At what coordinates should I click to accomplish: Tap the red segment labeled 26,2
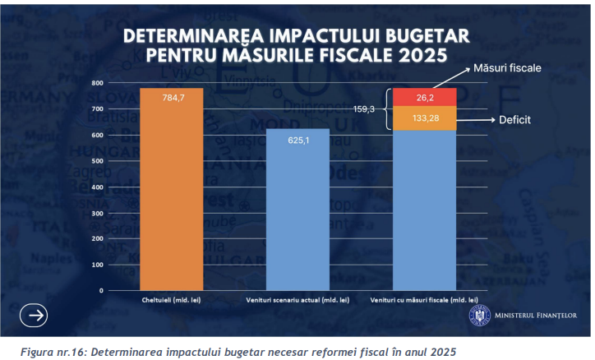pos(424,97)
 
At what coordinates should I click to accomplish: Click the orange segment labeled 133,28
pos(424,118)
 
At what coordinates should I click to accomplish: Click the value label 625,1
pos(297,141)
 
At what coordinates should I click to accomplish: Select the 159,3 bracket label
pos(363,108)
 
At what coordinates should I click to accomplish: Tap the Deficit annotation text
pos(514,120)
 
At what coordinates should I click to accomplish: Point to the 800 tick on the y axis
pos(97,83)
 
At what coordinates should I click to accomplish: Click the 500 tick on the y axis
pos(97,161)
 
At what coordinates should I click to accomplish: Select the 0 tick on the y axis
pos(100,290)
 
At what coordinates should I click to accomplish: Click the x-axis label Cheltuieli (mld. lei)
pos(171,300)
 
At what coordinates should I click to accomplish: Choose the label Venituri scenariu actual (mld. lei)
pos(297,300)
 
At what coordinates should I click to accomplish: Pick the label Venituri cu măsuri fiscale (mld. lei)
pos(424,300)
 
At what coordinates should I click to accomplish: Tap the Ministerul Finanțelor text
pos(536,316)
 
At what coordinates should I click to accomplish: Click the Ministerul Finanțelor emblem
pos(479,316)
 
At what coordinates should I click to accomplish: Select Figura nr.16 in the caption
pos(48,351)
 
